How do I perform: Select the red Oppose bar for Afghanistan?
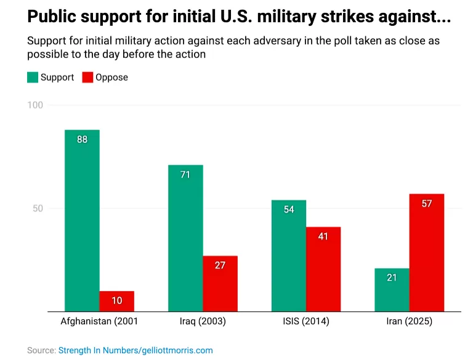coord(116,301)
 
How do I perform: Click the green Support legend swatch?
coord(32,78)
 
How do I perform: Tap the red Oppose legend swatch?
coord(87,78)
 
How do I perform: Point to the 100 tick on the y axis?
coord(35,105)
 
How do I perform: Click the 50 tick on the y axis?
coord(38,208)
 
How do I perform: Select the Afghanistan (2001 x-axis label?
coord(99,322)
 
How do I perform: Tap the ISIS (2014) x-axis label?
coord(306,322)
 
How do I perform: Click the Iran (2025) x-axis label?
coord(409,322)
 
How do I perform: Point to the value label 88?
coord(82,139)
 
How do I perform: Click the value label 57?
coord(427,203)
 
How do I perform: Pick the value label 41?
coord(323,237)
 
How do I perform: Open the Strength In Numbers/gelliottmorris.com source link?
coord(135,350)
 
